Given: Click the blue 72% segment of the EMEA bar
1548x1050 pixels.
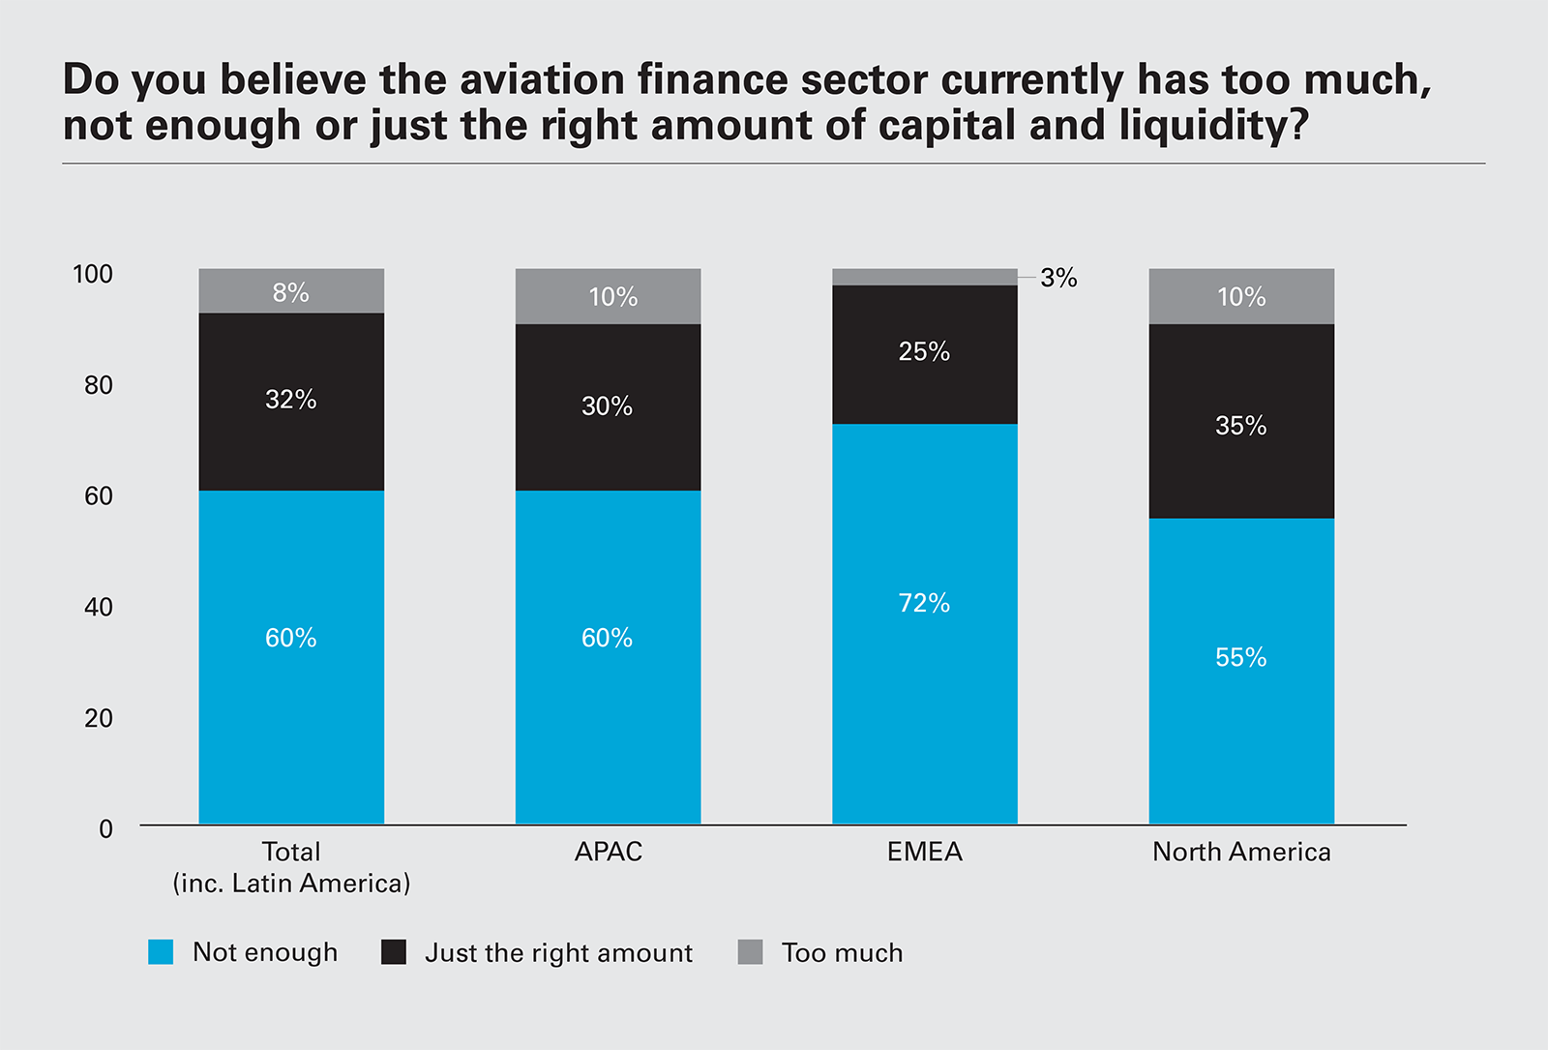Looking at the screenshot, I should pos(924,624).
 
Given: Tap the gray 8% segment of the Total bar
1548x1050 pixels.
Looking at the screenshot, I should pos(291,291).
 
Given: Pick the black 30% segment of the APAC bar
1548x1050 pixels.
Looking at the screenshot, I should pos(608,406).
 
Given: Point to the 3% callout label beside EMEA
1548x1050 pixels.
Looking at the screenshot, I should pos(1058,279).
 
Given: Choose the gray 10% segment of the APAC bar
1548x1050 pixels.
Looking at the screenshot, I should pos(608,296).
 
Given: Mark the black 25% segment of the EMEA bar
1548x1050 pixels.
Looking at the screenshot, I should pos(924,353).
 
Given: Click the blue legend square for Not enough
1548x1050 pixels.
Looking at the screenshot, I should pos(161,952).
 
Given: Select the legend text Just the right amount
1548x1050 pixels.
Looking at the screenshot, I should pos(558,953).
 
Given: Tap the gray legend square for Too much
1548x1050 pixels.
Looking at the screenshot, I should pos(750,952).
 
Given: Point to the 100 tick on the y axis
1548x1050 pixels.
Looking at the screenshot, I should pos(93,274).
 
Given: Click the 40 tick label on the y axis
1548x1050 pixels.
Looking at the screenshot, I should pos(98,607).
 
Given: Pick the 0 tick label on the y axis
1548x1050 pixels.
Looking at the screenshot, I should pos(105,829).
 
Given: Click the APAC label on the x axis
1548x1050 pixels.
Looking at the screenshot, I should pos(608,852).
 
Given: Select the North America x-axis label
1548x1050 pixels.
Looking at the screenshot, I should pos(1241,852).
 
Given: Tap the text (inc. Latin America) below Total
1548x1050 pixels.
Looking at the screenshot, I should pos(291,884).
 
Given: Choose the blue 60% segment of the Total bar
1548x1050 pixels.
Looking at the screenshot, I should pos(291,658).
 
